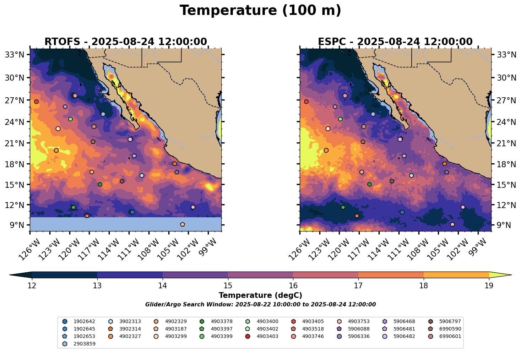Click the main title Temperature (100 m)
click(260, 11)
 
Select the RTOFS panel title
click(125, 42)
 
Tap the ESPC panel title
click(395, 42)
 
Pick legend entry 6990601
click(450, 336)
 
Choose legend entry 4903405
click(312, 322)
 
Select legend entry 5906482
click(404, 336)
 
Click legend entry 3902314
click(130, 329)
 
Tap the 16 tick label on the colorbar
click(293, 286)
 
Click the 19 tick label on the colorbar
click(489, 286)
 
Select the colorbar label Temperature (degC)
click(260, 295)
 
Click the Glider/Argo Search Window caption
click(260, 305)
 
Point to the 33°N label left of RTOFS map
click(15, 55)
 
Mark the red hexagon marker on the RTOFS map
click(36, 102)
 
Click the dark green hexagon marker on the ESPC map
click(369, 185)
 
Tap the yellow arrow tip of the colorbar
click(506, 275)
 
